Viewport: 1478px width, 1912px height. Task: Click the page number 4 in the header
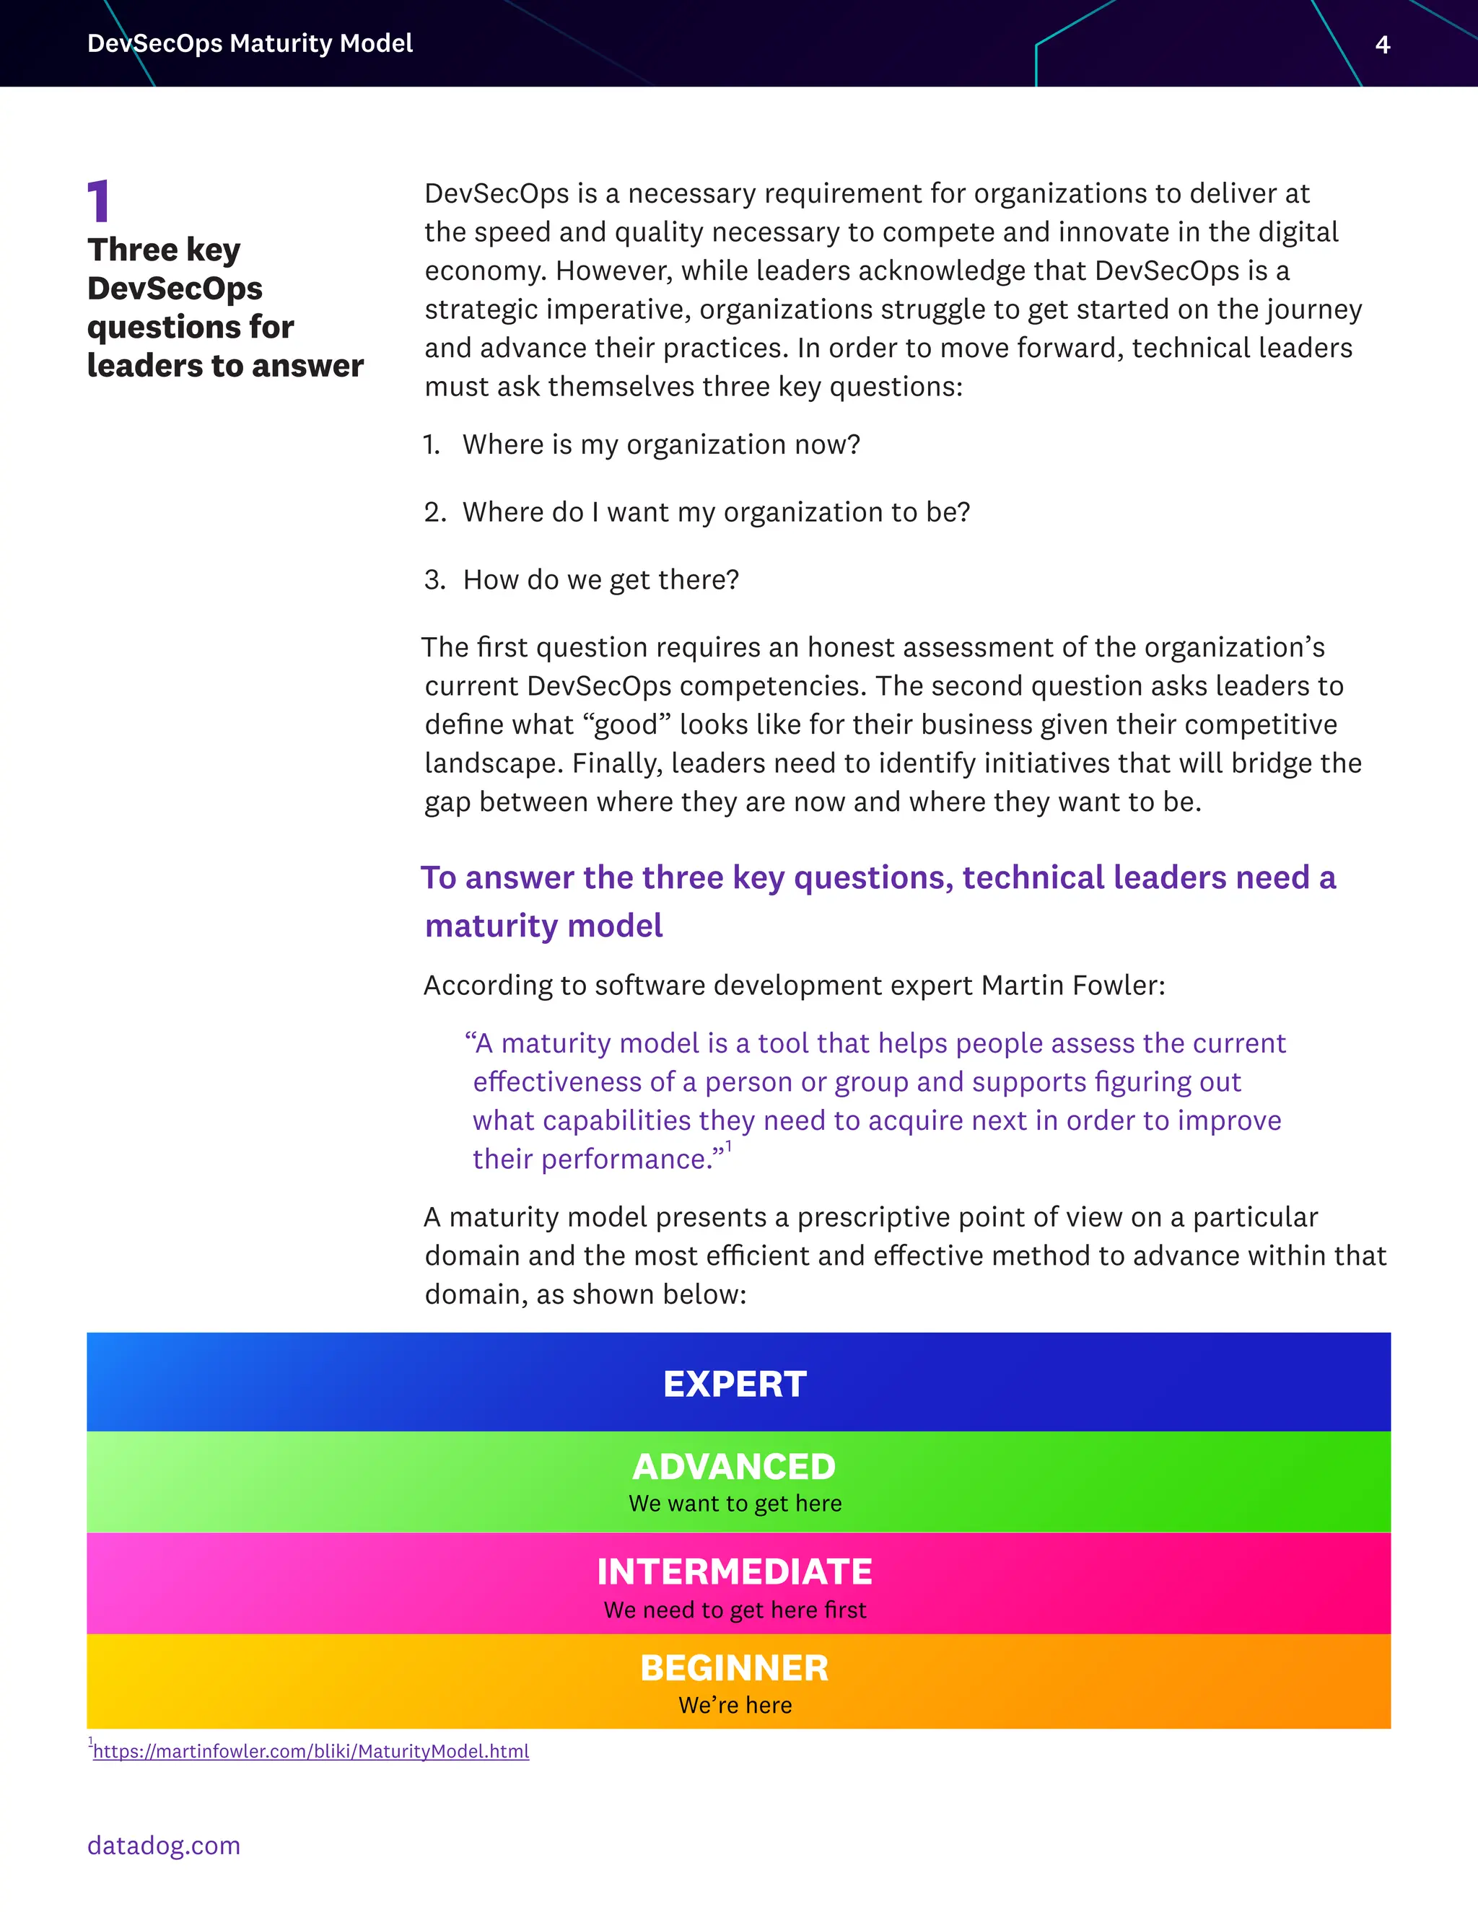pyautogui.click(x=1383, y=45)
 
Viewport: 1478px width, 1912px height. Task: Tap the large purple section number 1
pyautogui.click(x=99, y=201)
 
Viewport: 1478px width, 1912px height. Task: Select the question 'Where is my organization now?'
pyautogui.click(x=661, y=444)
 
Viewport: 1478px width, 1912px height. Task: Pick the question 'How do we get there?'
pyautogui.click(x=600, y=579)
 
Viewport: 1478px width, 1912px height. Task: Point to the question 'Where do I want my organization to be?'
pyautogui.click(x=716, y=512)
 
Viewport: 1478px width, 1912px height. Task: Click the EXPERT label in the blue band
pyautogui.click(x=735, y=1384)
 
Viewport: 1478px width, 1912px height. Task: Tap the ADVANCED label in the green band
pyautogui.click(x=735, y=1466)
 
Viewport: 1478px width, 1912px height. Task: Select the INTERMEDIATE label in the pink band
pyautogui.click(x=735, y=1571)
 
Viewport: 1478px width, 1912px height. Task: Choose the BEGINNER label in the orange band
pyautogui.click(x=735, y=1667)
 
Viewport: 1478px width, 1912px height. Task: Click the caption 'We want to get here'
pyautogui.click(x=735, y=1503)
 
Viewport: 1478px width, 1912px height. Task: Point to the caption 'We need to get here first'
pyautogui.click(x=735, y=1610)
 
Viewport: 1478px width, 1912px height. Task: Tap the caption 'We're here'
pyautogui.click(x=735, y=1706)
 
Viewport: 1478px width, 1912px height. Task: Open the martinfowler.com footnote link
pyautogui.click(x=311, y=1751)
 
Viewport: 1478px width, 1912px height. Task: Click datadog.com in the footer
pyautogui.click(x=164, y=1846)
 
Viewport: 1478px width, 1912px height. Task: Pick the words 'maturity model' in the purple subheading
pyautogui.click(x=543, y=926)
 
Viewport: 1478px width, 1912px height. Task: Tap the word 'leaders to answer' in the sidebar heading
pyautogui.click(x=225, y=365)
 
